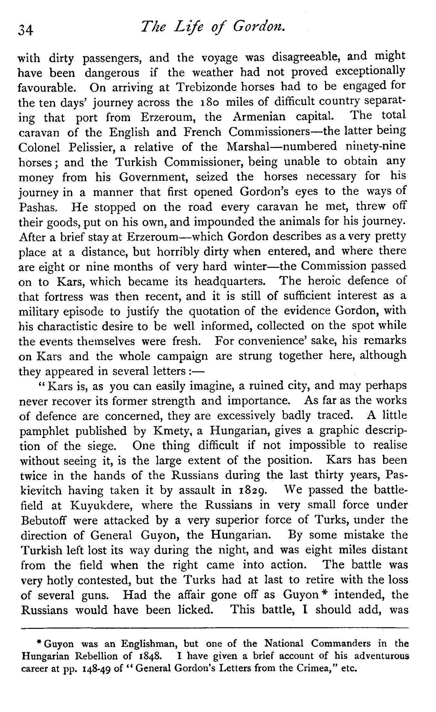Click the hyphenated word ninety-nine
coord(375,147)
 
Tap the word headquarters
coord(230,281)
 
